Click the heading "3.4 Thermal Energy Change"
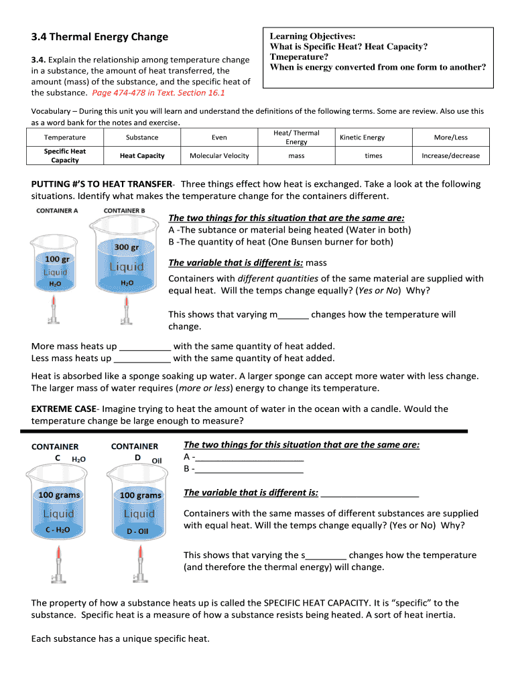(x=100, y=37)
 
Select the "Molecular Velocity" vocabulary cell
(x=219, y=156)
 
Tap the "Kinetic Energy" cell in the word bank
(x=362, y=138)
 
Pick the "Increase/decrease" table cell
(x=450, y=156)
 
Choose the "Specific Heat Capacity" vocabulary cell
(x=65, y=156)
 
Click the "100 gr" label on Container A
(x=57, y=259)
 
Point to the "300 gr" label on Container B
(x=126, y=247)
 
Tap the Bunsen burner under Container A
(x=54, y=311)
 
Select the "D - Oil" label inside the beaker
(x=140, y=531)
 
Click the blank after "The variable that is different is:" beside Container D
(x=370, y=494)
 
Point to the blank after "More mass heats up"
(x=145, y=347)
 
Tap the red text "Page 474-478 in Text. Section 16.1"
(x=163, y=93)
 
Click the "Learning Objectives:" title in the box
(x=312, y=36)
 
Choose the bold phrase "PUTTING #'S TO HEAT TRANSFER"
(x=101, y=184)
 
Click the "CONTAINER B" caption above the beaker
(x=124, y=210)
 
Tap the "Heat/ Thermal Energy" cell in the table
(x=296, y=137)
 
